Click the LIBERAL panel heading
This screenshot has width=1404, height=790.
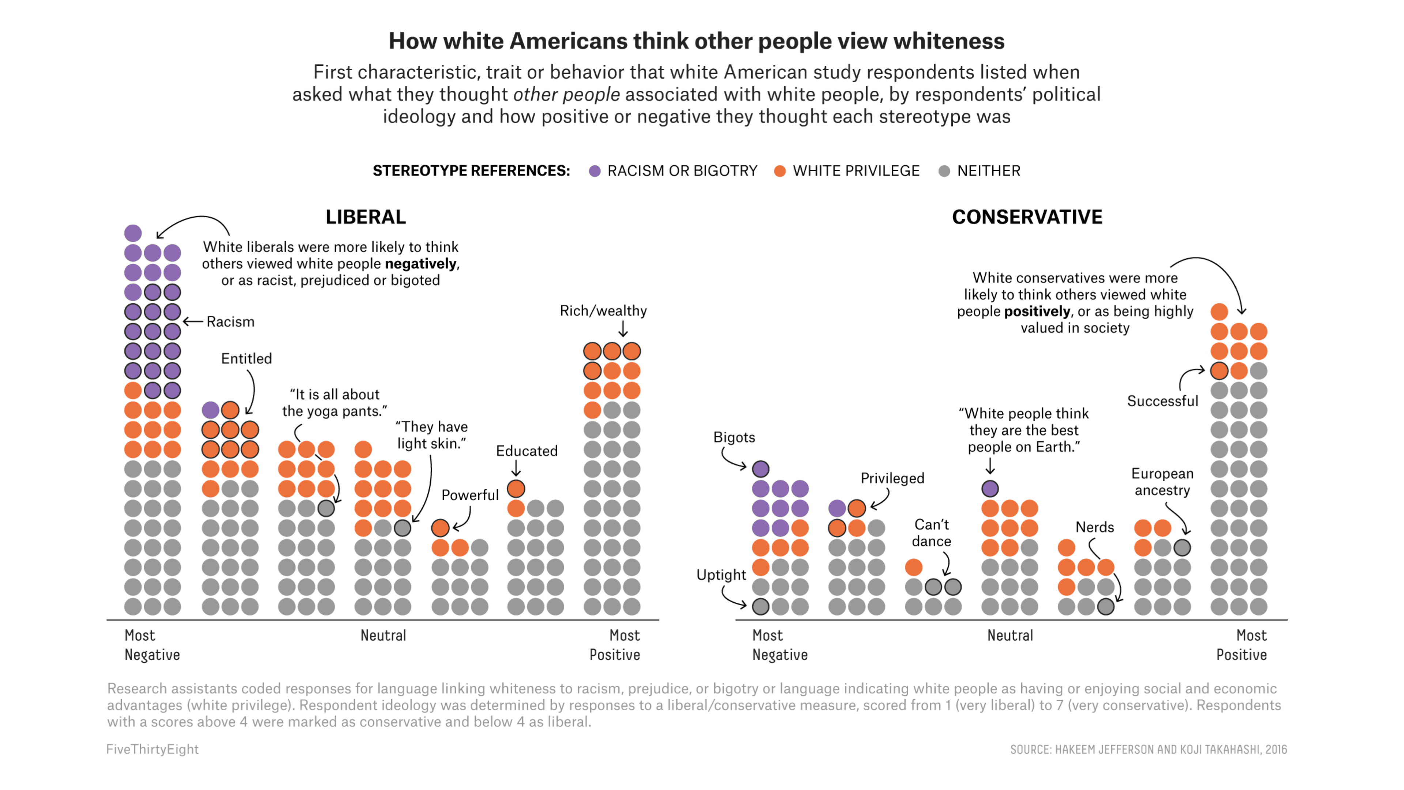tap(366, 217)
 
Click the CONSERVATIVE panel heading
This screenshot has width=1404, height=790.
tap(1027, 217)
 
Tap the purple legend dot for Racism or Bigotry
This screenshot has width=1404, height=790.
tap(595, 171)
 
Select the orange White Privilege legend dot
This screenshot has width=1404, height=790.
tap(780, 171)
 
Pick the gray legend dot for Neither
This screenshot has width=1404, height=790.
tap(944, 171)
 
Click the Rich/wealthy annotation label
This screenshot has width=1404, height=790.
tap(603, 311)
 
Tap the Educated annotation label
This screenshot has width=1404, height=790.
tap(527, 451)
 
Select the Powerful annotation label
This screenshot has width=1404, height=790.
tap(470, 495)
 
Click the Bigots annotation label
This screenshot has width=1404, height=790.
tap(734, 437)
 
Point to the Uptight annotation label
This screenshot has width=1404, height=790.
tap(721, 575)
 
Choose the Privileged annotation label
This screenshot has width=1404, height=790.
tap(892, 478)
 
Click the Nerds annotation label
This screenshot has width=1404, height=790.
tap(1094, 527)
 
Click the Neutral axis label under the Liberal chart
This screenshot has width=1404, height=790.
tap(383, 636)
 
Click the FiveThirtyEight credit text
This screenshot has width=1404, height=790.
tap(152, 749)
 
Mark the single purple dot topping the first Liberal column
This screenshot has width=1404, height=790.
tap(133, 233)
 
